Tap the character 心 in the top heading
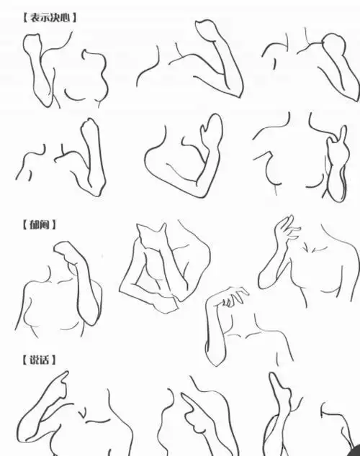(x=69, y=16)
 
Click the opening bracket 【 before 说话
(x=22, y=358)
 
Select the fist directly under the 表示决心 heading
(x=32, y=47)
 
